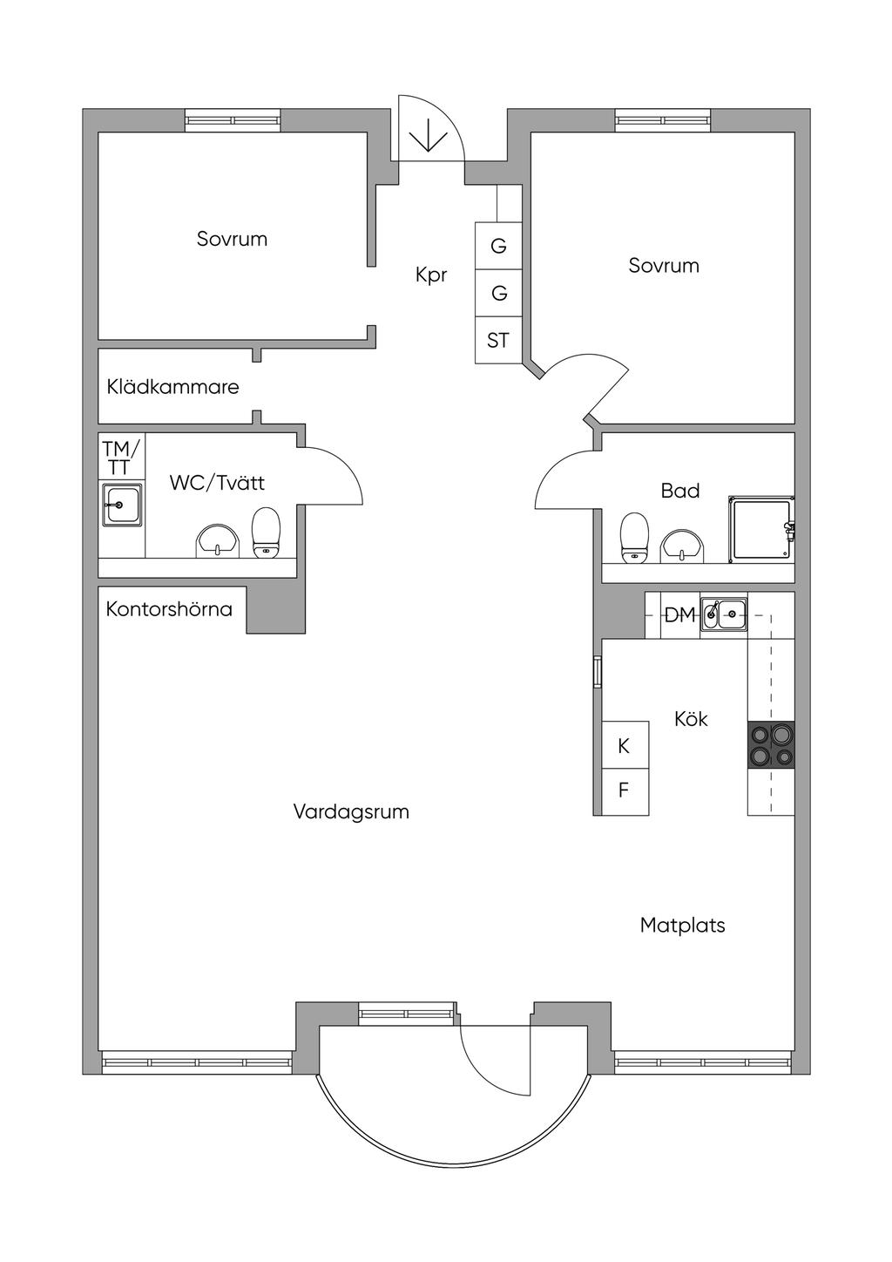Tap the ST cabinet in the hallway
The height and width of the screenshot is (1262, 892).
pyautogui.click(x=498, y=340)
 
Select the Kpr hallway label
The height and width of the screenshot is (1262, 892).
pyautogui.click(x=431, y=275)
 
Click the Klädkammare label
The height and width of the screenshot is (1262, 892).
pyautogui.click(x=172, y=387)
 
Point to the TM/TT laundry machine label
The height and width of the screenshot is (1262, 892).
pyautogui.click(x=120, y=458)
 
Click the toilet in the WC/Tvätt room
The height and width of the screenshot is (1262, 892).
pyautogui.click(x=267, y=533)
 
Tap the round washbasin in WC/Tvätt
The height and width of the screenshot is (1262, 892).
pyautogui.click(x=217, y=540)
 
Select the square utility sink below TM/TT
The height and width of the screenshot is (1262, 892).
pyautogui.click(x=122, y=505)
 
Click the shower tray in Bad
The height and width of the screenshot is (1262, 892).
pyautogui.click(x=761, y=529)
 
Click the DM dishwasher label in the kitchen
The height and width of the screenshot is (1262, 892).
pyautogui.click(x=680, y=615)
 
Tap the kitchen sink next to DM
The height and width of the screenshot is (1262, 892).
pyautogui.click(x=724, y=614)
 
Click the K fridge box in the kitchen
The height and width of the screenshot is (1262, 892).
pyautogui.click(x=625, y=746)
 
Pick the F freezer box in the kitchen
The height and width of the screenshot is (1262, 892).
pyautogui.click(x=625, y=791)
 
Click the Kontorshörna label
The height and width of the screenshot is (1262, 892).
pyautogui.click(x=169, y=609)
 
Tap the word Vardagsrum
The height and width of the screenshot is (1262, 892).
pyautogui.click(x=351, y=812)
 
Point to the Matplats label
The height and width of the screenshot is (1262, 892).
pyautogui.click(x=682, y=926)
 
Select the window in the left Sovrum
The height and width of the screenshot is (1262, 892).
pyautogui.click(x=233, y=120)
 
